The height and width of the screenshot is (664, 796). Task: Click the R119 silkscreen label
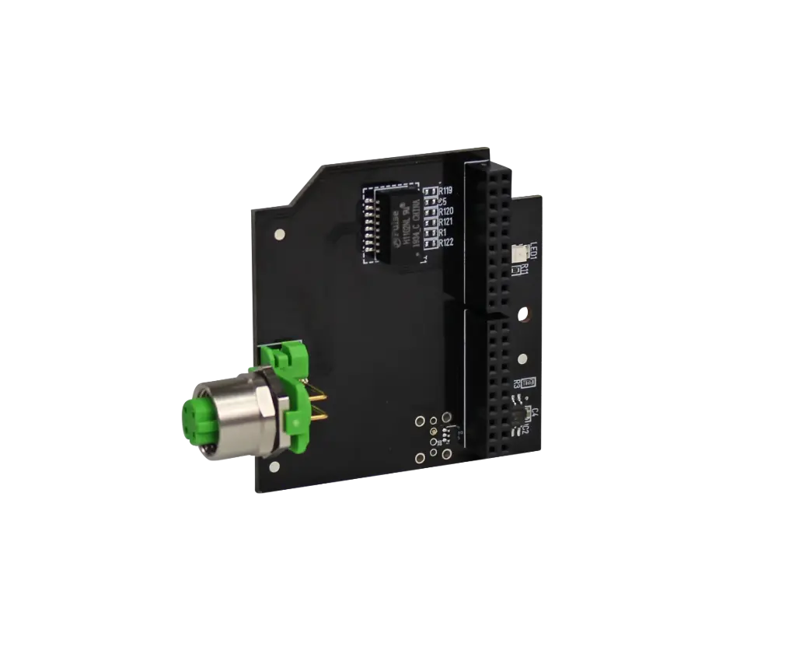pyautogui.click(x=446, y=190)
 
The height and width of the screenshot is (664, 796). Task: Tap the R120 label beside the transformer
pyautogui.click(x=446, y=211)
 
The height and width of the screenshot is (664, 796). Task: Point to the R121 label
pyautogui.click(x=446, y=222)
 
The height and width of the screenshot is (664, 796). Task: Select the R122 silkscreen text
pyautogui.click(x=446, y=243)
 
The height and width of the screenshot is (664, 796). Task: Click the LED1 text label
pyautogui.click(x=533, y=251)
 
